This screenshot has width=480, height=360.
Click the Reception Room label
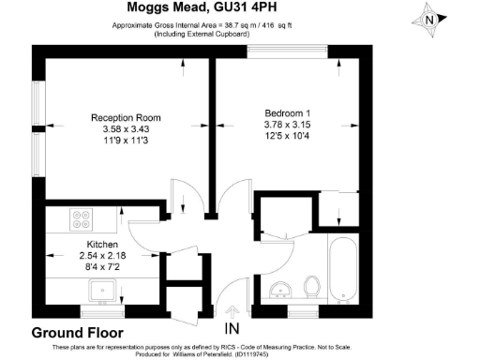click(126, 117)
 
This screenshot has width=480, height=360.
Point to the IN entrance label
click(232, 329)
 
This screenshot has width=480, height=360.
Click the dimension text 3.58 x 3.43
click(126, 129)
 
